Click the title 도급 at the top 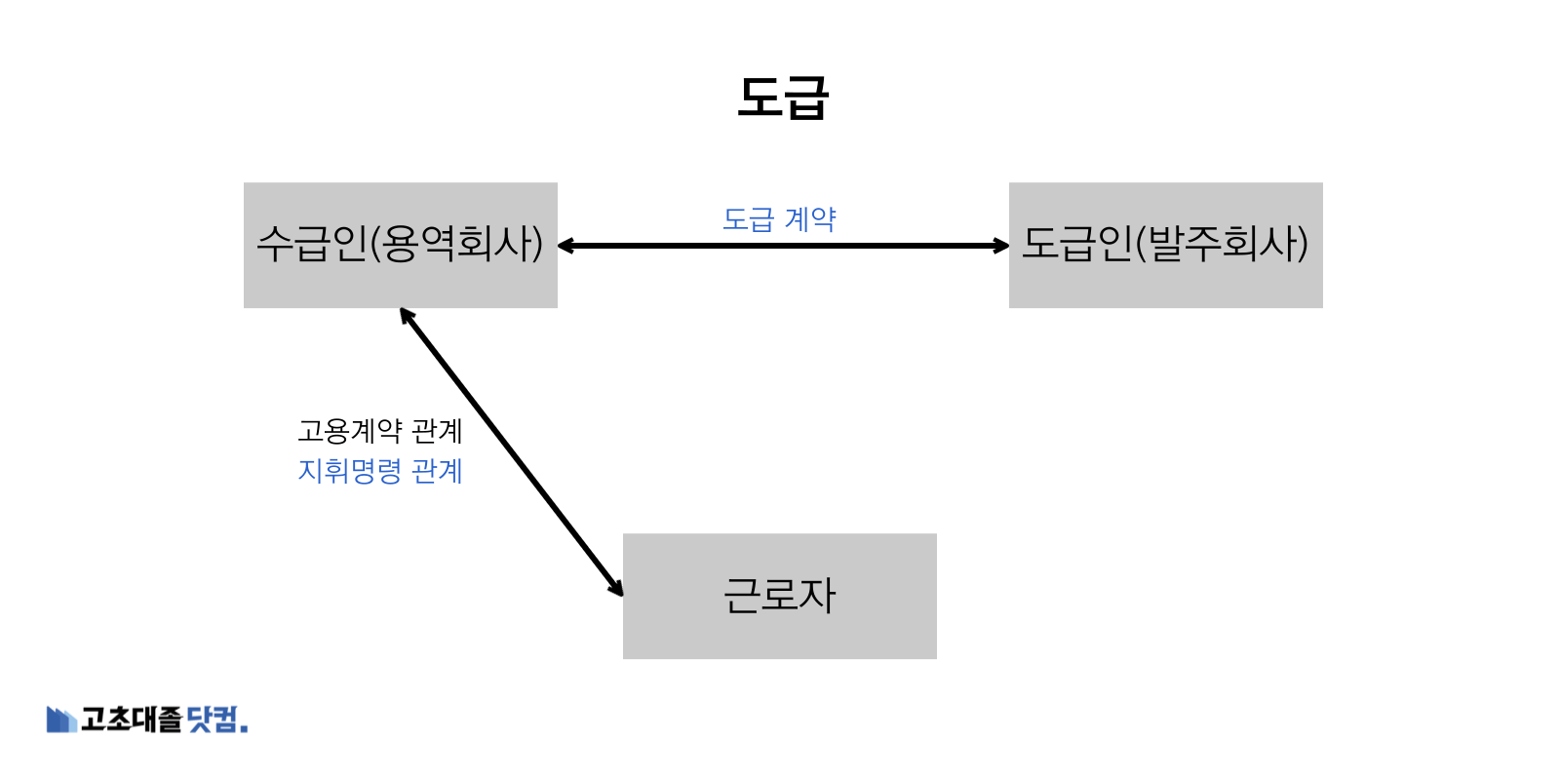click(x=783, y=97)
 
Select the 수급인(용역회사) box click(x=400, y=245)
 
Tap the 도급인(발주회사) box click(x=1165, y=245)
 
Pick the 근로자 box click(x=779, y=596)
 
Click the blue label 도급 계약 click(x=779, y=219)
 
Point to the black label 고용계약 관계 click(x=380, y=430)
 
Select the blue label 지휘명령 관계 click(x=380, y=471)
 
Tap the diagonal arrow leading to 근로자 click(x=511, y=451)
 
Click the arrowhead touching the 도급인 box click(x=1000, y=246)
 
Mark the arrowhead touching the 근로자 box click(x=616, y=587)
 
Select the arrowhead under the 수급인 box click(x=407, y=316)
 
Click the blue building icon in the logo click(x=60, y=720)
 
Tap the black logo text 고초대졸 click(x=131, y=720)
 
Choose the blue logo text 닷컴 click(x=214, y=720)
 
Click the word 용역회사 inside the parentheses click(x=456, y=245)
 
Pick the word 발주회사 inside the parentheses click(x=1222, y=245)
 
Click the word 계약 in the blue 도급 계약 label click(x=810, y=219)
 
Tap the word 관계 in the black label click(x=437, y=430)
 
